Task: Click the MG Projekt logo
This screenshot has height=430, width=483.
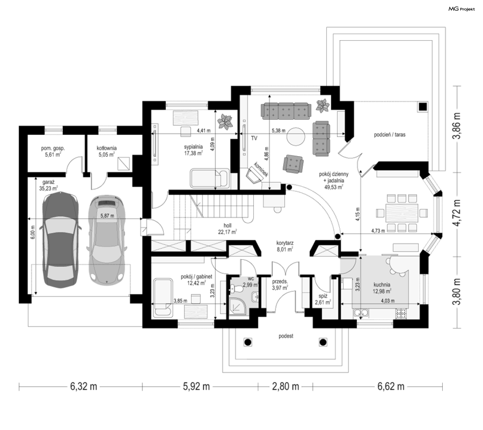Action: pyautogui.click(x=462, y=9)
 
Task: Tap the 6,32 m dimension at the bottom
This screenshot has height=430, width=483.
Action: pyautogui.click(x=84, y=386)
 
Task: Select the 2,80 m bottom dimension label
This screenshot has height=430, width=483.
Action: pyautogui.click(x=286, y=386)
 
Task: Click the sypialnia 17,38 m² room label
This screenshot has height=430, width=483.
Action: pyautogui.click(x=193, y=150)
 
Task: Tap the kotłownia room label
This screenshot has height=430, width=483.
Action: pyautogui.click(x=107, y=151)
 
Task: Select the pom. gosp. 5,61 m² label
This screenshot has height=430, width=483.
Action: pyautogui.click(x=53, y=151)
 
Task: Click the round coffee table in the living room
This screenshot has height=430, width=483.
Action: pyautogui.click(x=296, y=137)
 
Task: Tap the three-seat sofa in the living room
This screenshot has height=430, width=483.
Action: pyautogui.click(x=286, y=111)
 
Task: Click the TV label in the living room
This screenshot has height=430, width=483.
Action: pyautogui.click(x=254, y=138)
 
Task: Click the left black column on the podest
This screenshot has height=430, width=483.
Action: pyautogui.click(x=248, y=342)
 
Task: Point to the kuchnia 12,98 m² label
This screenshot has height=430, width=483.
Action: pyautogui.click(x=382, y=288)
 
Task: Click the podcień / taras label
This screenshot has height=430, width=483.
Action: pyautogui.click(x=390, y=135)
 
